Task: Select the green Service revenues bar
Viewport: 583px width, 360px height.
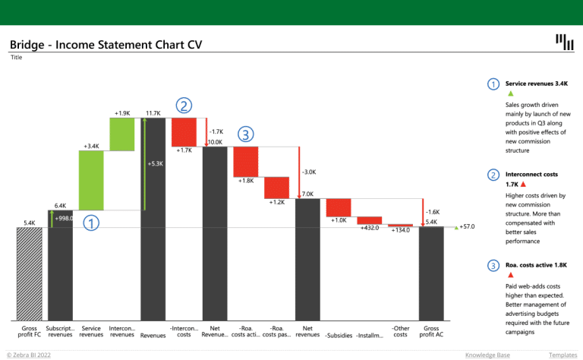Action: point(91,180)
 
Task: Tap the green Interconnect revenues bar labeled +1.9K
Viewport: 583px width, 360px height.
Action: point(121,133)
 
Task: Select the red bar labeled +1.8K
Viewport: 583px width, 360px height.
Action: point(246,161)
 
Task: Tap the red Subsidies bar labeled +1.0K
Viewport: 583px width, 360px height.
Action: point(339,207)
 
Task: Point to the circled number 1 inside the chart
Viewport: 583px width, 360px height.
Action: point(91,223)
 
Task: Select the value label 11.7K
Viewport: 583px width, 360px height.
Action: point(153,113)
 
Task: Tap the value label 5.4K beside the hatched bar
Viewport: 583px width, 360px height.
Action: point(30,223)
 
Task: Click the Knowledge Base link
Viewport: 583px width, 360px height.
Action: point(487,355)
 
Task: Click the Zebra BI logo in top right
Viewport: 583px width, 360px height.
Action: point(564,43)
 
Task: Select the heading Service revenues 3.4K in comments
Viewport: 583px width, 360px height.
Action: point(537,83)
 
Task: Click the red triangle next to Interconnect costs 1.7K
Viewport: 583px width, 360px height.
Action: point(524,185)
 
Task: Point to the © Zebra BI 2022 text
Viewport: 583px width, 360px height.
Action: point(29,355)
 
